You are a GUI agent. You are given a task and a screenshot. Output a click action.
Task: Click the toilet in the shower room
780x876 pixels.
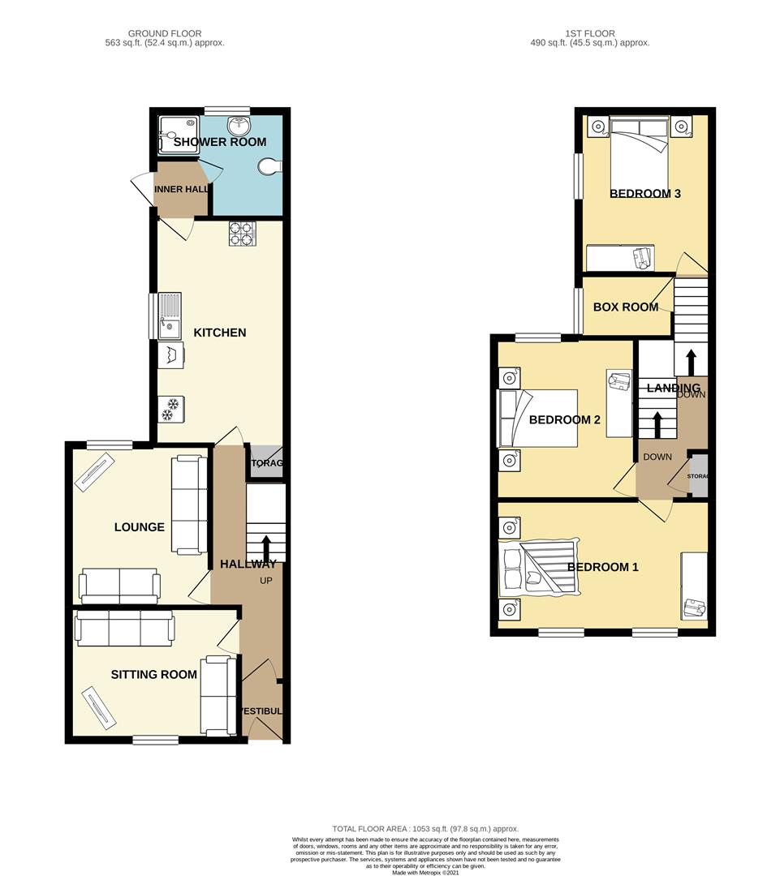[269, 166]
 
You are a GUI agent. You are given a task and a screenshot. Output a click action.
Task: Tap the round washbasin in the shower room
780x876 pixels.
[238, 126]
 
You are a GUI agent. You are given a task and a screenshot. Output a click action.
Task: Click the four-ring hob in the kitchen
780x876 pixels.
[242, 234]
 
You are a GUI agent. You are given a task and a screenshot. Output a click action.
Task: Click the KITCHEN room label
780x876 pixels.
[219, 333]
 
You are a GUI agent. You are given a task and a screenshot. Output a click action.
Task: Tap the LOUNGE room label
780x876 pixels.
[139, 527]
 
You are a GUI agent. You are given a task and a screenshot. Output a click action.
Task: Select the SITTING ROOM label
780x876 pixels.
[154, 674]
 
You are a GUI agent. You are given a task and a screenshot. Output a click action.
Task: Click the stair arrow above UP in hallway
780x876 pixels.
[266, 546]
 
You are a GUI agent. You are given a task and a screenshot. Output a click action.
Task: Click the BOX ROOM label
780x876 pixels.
[626, 307]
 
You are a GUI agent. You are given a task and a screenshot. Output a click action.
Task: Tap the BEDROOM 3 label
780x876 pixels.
[644, 193]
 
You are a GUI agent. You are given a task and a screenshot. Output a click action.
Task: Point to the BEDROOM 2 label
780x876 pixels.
[564, 420]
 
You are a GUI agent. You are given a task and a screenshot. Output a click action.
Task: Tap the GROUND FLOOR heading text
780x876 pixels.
[165, 33]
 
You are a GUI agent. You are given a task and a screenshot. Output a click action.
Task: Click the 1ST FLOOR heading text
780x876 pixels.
[590, 33]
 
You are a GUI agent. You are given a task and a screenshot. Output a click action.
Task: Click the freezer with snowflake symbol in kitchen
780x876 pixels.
[170, 410]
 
